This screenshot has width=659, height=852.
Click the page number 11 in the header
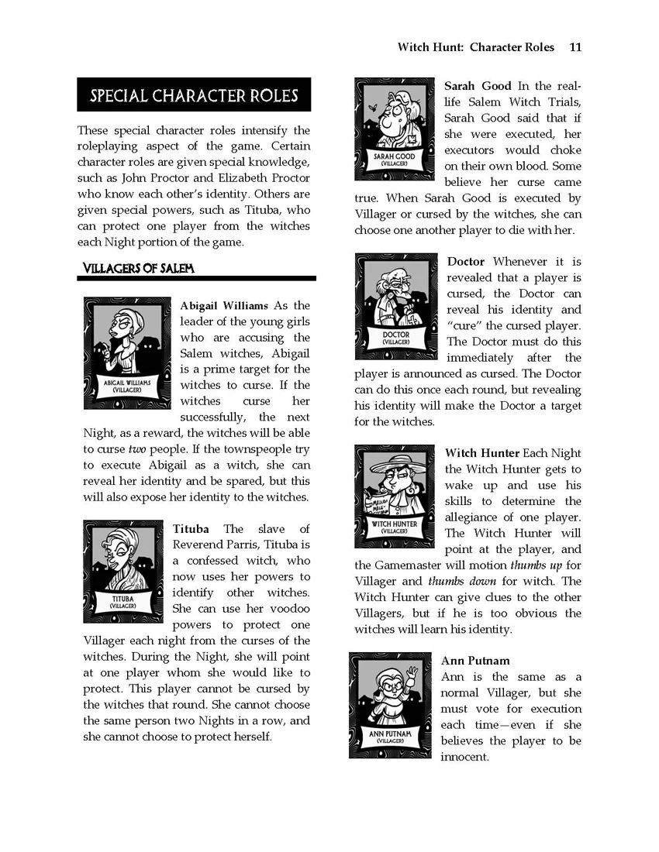[574, 47]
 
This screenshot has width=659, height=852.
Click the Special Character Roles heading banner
[194, 95]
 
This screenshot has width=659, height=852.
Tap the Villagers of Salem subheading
[139, 268]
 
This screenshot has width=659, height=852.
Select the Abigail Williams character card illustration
[127, 352]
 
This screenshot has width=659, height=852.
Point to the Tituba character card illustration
[123, 571]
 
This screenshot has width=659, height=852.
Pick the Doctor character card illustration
[396, 305]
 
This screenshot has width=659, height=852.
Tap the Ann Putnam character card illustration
[390, 705]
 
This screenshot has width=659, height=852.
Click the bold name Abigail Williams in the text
[224, 305]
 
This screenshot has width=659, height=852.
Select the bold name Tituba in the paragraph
[191, 529]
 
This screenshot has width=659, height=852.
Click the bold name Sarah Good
[478, 86]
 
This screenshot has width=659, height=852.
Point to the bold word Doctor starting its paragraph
[466, 262]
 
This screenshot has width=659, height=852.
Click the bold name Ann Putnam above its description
[475, 661]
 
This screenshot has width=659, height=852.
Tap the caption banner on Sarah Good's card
[394, 160]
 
